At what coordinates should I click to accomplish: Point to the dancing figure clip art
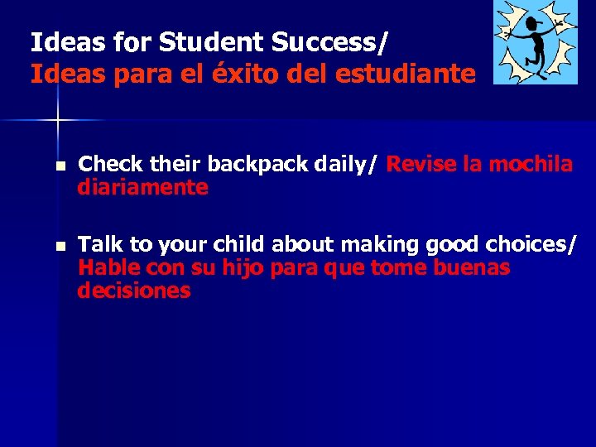tap(535, 41)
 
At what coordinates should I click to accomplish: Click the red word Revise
tap(422, 165)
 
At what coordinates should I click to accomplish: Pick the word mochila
tap(531, 165)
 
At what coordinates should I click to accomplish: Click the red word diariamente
tap(142, 188)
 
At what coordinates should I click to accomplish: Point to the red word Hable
tap(108, 268)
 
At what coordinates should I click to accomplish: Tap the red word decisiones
tap(134, 291)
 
